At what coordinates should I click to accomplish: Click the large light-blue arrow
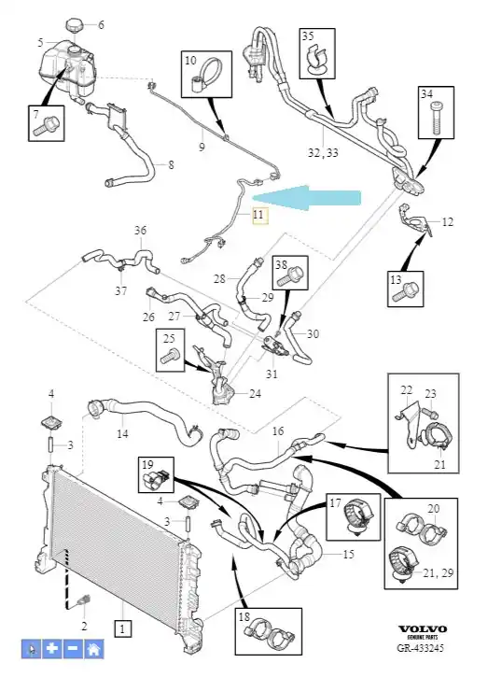[306, 198]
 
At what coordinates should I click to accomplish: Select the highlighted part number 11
[258, 216]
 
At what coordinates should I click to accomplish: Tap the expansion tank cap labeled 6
[75, 24]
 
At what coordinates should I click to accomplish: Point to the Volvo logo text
[422, 628]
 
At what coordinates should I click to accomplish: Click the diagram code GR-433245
[421, 648]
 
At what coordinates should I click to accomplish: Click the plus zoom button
[52, 648]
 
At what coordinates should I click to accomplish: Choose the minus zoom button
[73, 648]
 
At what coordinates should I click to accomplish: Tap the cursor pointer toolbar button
[32, 648]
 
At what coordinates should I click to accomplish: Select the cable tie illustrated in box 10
[205, 75]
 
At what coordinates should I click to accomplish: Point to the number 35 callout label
[308, 35]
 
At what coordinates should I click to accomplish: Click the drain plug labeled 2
[83, 600]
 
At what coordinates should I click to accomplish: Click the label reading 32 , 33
[323, 152]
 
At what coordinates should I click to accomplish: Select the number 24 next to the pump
[255, 394]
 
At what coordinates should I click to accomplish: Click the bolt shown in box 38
[290, 276]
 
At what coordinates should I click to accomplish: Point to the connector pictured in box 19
[155, 479]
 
